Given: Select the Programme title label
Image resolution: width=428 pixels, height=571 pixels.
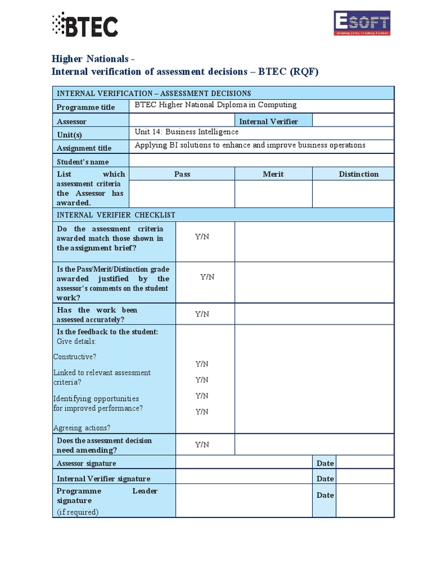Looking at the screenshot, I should click(x=86, y=107).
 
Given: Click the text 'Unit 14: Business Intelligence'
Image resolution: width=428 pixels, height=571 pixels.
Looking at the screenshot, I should click(x=187, y=132).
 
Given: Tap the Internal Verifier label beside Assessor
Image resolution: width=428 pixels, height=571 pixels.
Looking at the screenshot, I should click(x=269, y=122).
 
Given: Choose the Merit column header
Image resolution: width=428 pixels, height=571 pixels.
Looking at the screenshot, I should click(x=273, y=174).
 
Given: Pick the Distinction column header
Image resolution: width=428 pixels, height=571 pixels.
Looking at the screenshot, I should click(x=358, y=174).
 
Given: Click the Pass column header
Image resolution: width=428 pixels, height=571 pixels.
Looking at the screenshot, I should click(x=182, y=174).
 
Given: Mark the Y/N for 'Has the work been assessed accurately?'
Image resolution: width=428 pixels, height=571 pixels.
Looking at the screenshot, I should click(x=202, y=314).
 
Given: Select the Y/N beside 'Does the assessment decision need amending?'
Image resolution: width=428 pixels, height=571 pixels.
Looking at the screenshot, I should click(x=202, y=444).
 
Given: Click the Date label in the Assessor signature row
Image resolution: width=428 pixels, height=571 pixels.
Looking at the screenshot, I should click(x=325, y=463).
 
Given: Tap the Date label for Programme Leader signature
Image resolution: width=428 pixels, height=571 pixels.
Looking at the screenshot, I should click(x=325, y=495).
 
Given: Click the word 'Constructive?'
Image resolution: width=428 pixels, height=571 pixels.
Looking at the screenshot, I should click(x=75, y=356).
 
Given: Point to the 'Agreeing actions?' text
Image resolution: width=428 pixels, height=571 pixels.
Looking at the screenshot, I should click(x=82, y=428).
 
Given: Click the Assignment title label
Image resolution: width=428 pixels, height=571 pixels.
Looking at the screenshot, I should click(x=84, y=148).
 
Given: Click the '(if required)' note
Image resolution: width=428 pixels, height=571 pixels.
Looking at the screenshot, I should click(x=78, y=512).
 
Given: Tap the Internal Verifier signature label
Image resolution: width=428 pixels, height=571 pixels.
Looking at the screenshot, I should click(x=104, y=478).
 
